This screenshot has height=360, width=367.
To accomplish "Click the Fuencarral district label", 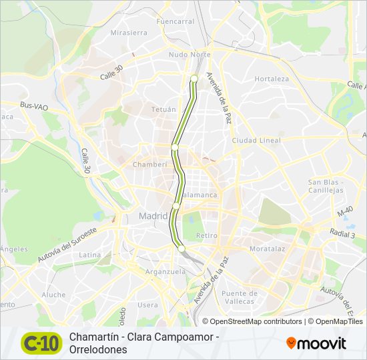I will (175, 21).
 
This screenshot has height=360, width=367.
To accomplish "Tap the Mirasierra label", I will (129, 32).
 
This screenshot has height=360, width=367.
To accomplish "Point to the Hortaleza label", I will (272, 79).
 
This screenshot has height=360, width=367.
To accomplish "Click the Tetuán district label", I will (163, 109).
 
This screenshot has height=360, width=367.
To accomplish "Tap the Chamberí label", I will (150, 164).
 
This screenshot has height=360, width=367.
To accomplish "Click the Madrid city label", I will (153, 216).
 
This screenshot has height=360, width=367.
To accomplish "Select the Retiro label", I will (207, 236).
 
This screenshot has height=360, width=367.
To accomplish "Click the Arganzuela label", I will (165, 271).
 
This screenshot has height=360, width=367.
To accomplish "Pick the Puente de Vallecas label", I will (240, 297).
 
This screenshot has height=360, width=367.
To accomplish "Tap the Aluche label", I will (54, 294).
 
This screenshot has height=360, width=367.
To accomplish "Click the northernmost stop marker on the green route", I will (194, 79).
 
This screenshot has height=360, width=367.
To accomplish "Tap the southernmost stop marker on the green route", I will (181, 249).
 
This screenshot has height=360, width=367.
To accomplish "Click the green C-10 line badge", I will (41, 343).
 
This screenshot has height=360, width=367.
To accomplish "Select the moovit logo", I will (316, 343).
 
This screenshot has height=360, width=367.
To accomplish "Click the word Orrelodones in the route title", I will (97, 349).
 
